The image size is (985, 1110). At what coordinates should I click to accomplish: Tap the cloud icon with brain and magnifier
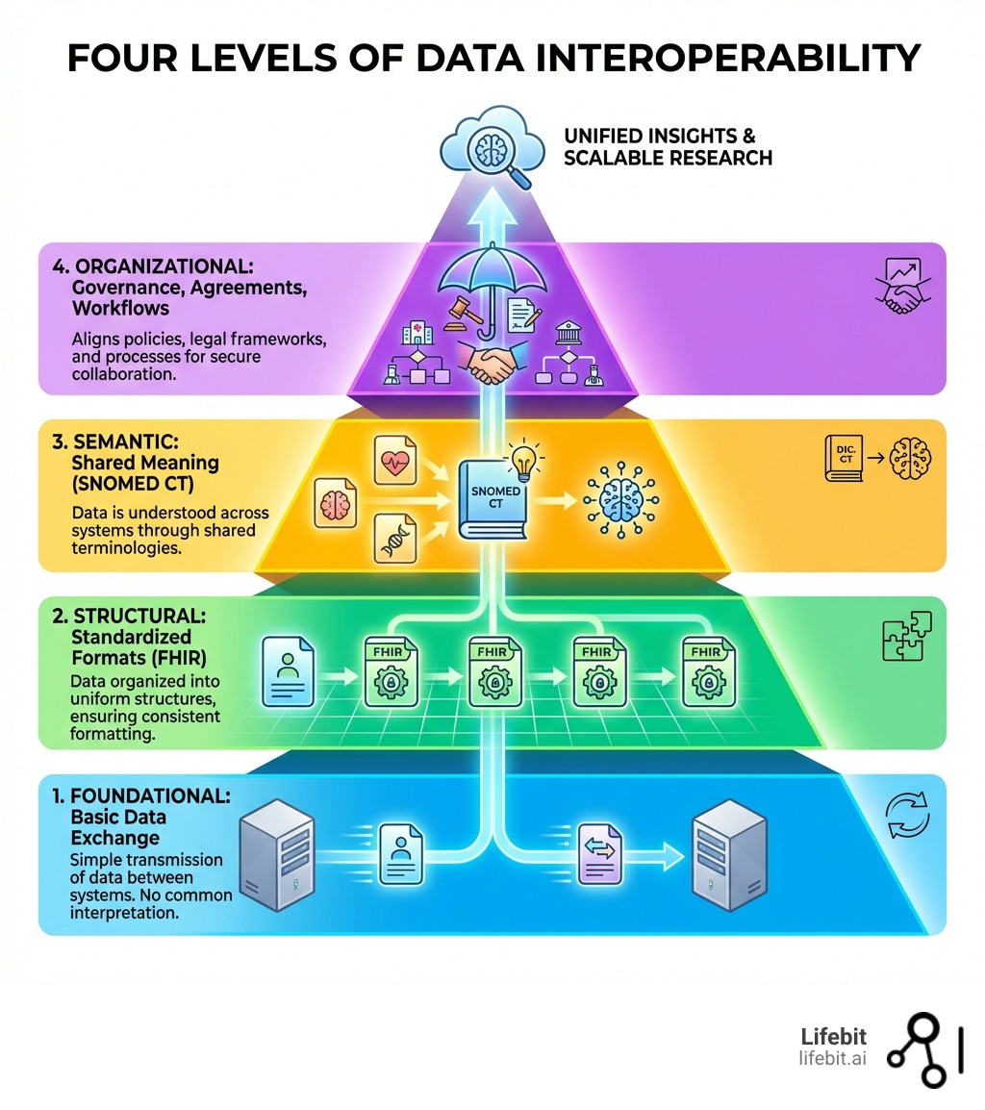pos(485,149)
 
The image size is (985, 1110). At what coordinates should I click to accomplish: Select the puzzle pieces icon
pos(906,637)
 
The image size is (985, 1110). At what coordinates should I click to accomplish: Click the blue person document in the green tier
pos(290,672)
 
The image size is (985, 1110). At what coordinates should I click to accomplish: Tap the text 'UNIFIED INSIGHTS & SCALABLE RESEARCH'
pos(668,146)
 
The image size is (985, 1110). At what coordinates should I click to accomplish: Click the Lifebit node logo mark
pos(923,1048)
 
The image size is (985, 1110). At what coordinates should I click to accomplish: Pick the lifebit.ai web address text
pos(832,1058)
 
